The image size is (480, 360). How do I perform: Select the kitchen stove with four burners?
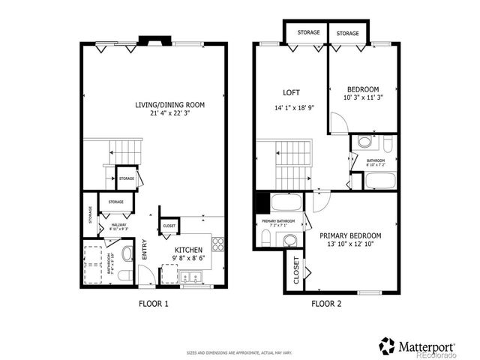point(218,243)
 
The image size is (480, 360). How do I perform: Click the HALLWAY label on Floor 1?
point(118,224)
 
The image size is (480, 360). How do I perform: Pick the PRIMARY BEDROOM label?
point(350,235)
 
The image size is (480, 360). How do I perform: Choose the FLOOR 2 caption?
point(326,304)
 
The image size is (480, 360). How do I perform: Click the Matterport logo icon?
point(387,346)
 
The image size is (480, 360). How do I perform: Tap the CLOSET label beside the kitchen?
point(169,225)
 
